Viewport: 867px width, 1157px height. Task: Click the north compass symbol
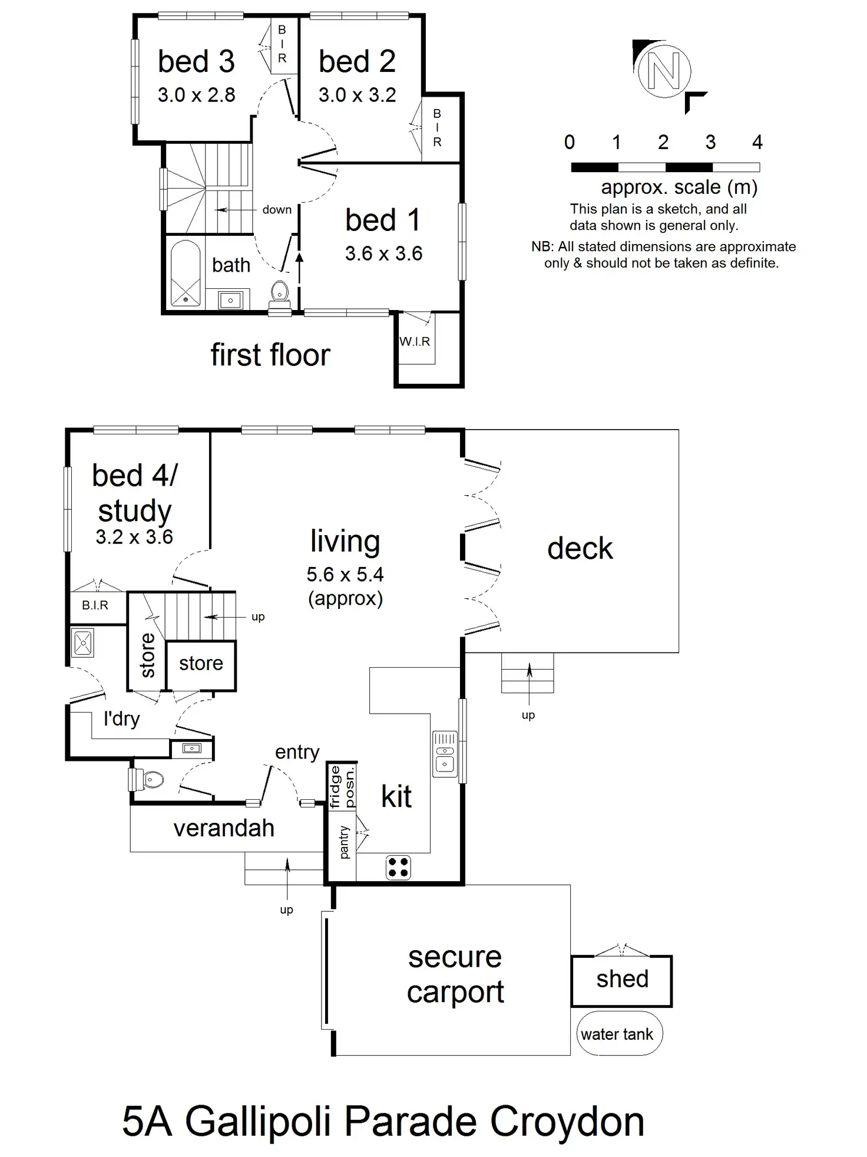(664, 71)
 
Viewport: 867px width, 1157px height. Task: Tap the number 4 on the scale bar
(757, 142)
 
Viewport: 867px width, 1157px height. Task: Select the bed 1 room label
(383, 220)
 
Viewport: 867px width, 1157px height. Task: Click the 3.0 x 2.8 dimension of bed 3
(196, 95)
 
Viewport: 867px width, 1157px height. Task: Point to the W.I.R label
(415, 342)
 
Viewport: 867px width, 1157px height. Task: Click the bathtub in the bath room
(186, 273)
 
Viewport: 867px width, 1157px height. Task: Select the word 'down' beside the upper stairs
(277, 210)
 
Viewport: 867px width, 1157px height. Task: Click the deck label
(580, 549)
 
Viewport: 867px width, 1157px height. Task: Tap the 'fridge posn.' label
(342, 786)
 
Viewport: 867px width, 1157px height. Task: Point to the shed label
(622, 979)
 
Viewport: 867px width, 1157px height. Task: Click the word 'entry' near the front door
(297, 752)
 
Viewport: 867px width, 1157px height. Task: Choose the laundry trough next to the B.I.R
(82, 642)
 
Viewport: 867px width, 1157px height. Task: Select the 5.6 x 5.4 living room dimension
(345, 574)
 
